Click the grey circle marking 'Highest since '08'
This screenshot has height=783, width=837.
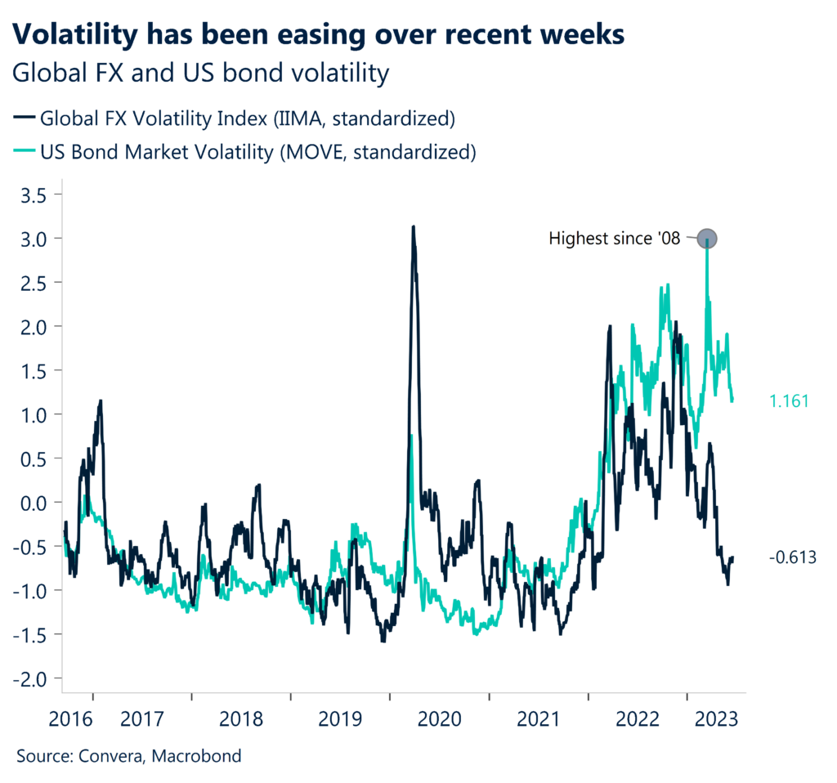708,239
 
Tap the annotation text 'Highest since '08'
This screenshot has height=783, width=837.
614,239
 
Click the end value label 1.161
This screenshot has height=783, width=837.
789,401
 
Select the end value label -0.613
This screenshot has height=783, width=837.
792,557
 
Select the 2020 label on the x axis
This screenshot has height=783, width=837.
439,720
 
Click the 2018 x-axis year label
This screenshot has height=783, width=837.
241,720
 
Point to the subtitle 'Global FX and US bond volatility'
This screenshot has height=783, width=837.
200,74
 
